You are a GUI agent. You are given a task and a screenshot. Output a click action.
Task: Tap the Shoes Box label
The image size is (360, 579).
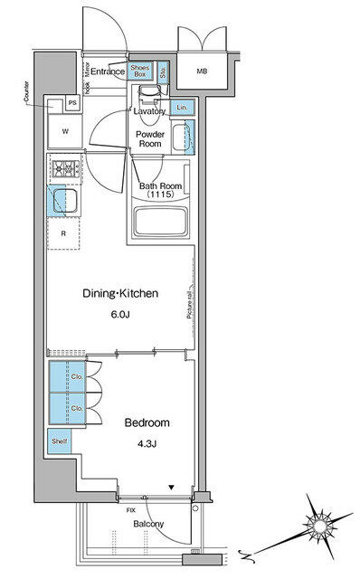(x=140, y=71)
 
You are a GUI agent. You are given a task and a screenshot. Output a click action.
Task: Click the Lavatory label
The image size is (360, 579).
(x=148, y=111)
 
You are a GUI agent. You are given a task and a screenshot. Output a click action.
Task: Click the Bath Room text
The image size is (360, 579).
(x=161, y=187)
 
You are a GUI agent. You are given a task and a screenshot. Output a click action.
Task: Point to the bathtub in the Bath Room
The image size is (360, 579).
(x=160, y=223)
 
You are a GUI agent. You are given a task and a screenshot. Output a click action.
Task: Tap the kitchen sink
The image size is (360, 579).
(x=62, y=202)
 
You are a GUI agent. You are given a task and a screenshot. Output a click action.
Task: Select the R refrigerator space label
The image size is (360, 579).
(x=62, y=233)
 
